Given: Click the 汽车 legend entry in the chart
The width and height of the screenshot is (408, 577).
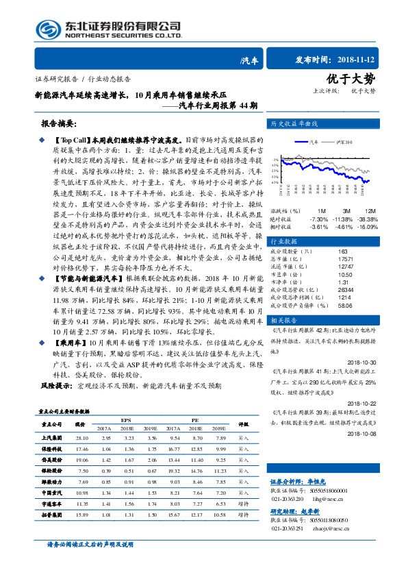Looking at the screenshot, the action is click(314, 142).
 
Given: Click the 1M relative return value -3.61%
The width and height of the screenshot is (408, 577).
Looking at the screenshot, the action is click(319, 225).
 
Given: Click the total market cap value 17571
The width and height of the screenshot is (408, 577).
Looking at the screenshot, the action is click(346, 259).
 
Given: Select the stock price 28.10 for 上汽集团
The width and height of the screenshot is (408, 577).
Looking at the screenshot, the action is click(82, 437).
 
